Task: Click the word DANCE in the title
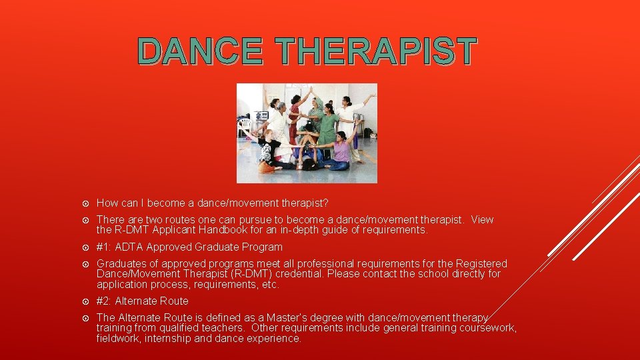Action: [x=201, y=51]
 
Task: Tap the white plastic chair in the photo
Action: [x=245, y=126]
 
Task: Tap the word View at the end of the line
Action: [x=482, y=220]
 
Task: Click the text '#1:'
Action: [x=104, y=247]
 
